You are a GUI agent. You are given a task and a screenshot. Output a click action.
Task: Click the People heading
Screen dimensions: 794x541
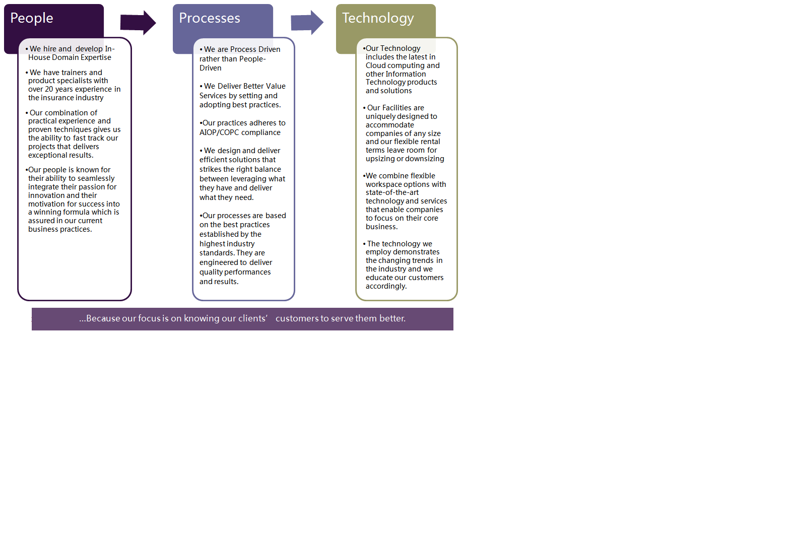click(x=32, y=19)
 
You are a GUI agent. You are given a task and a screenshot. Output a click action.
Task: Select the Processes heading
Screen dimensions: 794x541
click(x=210, y=18)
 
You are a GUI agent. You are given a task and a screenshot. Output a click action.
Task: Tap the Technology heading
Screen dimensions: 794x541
click(x=378, y=19)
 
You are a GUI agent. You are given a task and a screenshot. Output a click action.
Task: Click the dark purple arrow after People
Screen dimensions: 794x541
click(x=138, y=23)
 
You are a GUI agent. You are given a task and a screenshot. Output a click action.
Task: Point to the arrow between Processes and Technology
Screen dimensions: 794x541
click(x=307, y=23)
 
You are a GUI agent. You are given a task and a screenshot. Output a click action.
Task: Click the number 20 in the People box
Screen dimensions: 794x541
click(x=49, y=89)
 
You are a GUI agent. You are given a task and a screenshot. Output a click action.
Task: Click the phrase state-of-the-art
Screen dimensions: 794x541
click(x=392, y=192)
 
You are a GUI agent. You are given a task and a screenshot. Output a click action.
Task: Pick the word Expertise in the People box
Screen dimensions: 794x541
click(x=96, y=57)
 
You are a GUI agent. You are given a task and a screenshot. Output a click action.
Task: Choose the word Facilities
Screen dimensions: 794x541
click(x=396, y=108)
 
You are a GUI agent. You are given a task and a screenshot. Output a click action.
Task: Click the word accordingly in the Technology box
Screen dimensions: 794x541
click(x=386, y=286)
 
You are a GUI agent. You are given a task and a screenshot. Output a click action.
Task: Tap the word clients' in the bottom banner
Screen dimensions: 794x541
click(x=253, y=318)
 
